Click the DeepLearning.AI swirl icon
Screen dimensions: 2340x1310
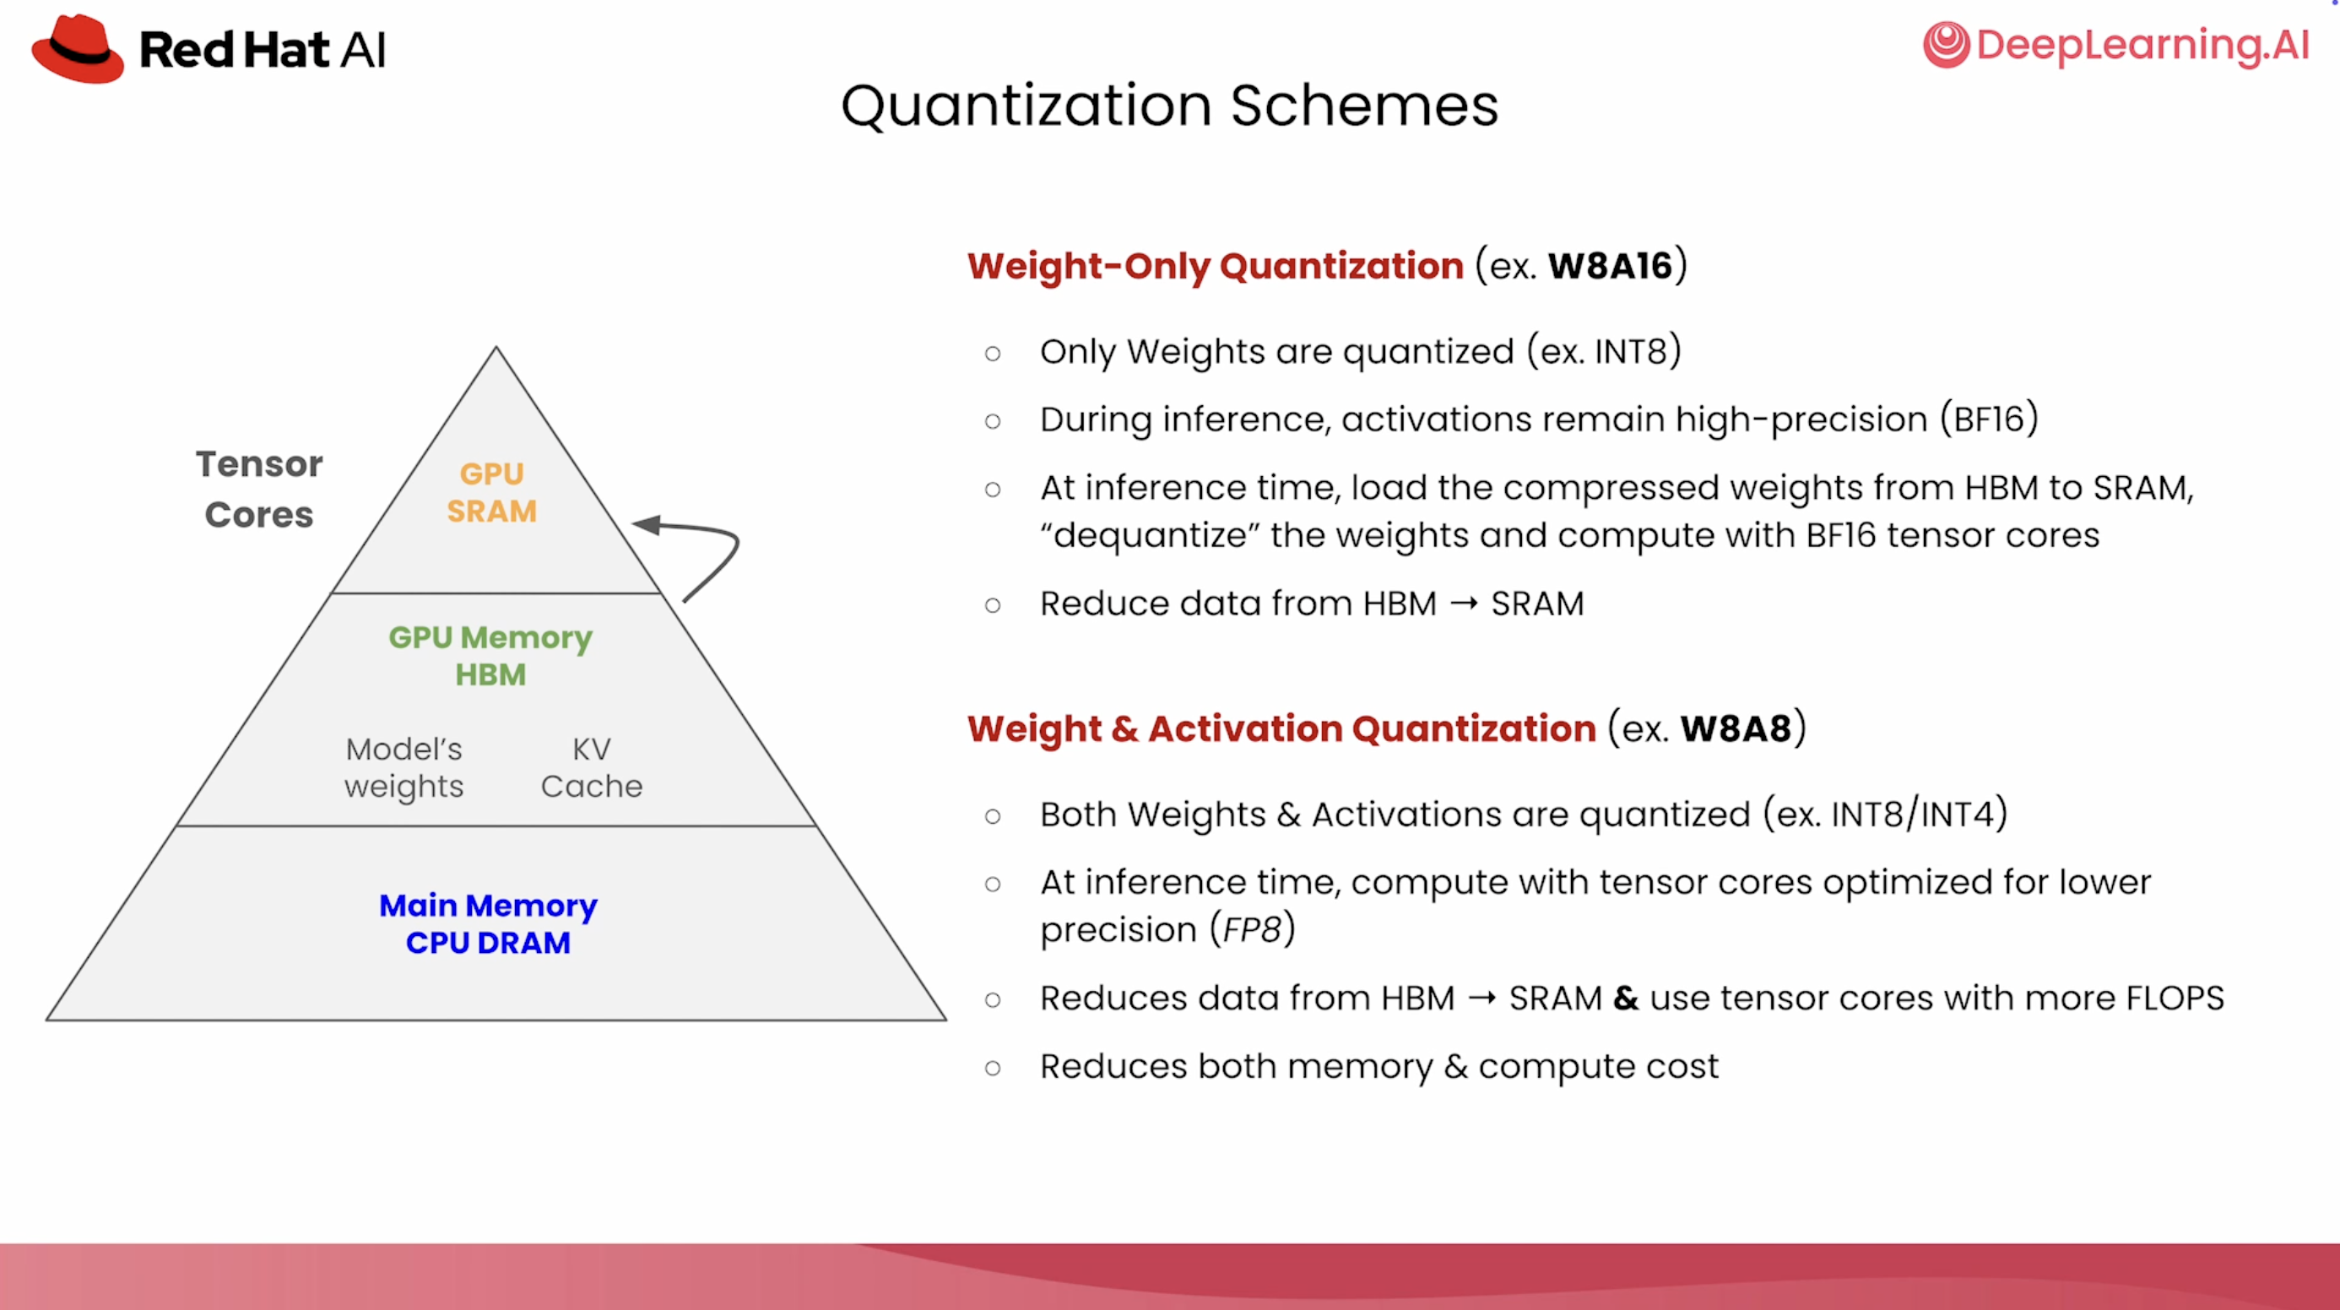[1946, 45]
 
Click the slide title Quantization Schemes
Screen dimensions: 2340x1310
[1169, 106]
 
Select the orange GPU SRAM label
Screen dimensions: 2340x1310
[491, 492]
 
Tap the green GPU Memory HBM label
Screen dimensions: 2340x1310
[490, 656]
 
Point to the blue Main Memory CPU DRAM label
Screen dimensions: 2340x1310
[488, 924]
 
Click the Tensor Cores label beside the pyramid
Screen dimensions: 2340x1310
[259, 489]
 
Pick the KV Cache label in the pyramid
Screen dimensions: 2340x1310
[592, 767]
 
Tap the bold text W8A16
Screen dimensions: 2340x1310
[1610, 266]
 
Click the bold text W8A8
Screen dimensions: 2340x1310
[1735, 728]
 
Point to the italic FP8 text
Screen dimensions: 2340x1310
[1252, 929]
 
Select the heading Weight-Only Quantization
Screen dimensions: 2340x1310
[1216, 266]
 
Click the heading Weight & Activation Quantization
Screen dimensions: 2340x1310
[1281, 728]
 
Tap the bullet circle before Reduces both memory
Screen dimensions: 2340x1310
[993, 1068]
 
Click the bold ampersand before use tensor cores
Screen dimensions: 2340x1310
[1625, 998]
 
